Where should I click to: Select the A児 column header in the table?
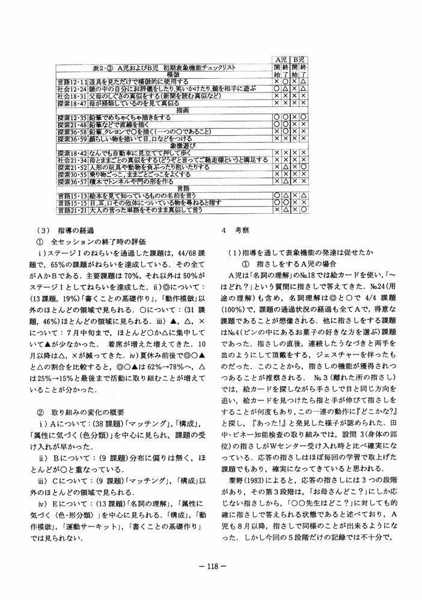[280, 61]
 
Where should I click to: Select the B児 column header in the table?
[299, 61]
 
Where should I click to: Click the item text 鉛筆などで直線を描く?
[114, 124]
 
